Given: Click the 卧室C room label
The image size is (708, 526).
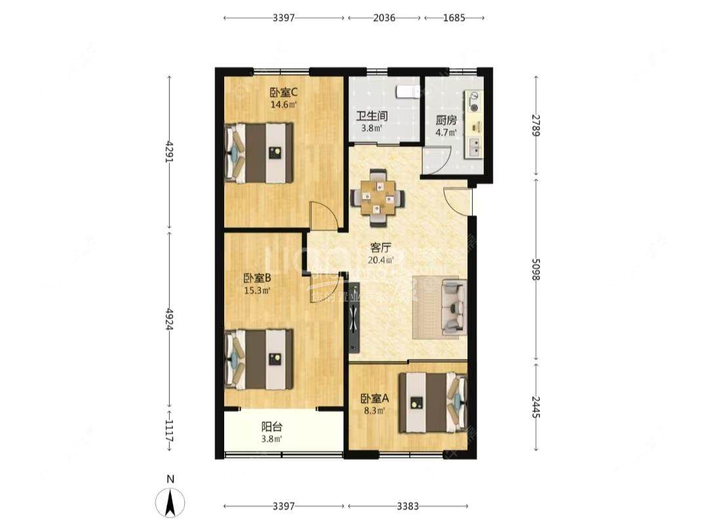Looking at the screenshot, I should [x=284, y=92].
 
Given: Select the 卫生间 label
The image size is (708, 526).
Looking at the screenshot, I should [x=371, y=116].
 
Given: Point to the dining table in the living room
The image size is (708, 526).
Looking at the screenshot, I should [x=377, y=194].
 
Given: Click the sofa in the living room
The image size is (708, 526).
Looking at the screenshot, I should [x=454, y=306].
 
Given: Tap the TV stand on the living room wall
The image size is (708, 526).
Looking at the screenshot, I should [x=354, y=317].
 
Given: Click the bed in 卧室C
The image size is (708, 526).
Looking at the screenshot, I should [x=260, y=153].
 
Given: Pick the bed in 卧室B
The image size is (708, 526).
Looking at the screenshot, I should [x=260, y=358].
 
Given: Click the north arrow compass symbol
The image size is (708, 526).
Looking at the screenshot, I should [x=170, y=503].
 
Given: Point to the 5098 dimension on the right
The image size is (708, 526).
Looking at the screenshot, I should [x=536, y=268].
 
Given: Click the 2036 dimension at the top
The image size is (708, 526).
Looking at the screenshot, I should [x=384, y=18].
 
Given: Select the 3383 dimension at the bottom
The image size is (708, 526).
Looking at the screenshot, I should [x=407, y=506].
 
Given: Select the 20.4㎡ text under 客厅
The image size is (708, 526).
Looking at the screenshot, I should [x=380, y=260].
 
